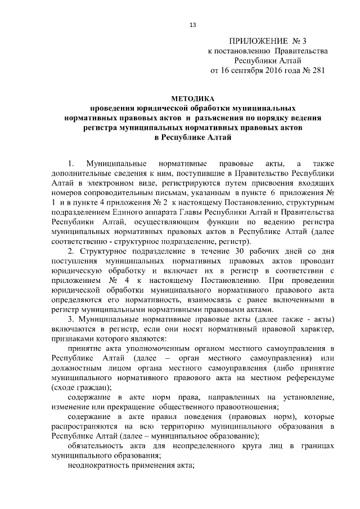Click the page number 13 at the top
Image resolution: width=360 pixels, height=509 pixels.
[x=192, y=24]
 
